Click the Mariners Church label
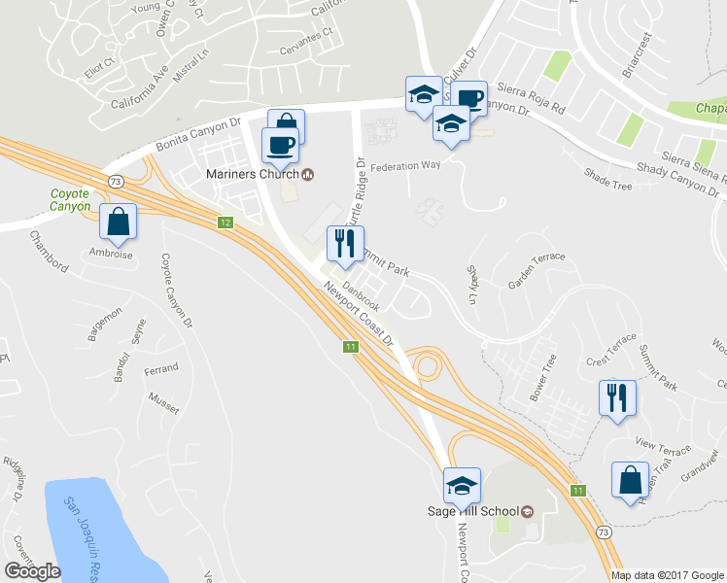252,175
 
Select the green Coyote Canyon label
70,199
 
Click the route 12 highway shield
225,223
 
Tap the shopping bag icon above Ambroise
118,223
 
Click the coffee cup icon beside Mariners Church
280,146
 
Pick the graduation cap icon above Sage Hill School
462,483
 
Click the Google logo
31,570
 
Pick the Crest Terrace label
610,357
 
